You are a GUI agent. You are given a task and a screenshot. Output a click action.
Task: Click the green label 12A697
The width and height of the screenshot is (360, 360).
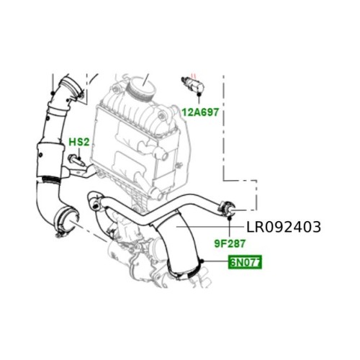(x=200, y=112)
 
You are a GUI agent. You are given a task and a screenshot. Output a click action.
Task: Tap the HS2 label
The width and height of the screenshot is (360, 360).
(x=79, y=142)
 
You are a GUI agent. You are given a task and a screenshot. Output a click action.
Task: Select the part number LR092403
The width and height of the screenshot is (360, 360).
(x=284, y=227)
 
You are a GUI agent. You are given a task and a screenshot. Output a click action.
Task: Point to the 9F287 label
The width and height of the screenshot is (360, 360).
(x=230, y=244)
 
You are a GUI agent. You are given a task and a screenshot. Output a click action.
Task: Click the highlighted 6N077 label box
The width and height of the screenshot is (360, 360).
(x=245, y=262)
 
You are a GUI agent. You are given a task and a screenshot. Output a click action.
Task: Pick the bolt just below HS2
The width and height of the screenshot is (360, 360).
(x=76, y=161)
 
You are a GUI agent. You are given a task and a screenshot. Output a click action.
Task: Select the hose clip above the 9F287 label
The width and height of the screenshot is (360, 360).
(x=227, y=207)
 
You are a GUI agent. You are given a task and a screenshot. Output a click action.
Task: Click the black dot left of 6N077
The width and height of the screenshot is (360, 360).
(x=202, y=261)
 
